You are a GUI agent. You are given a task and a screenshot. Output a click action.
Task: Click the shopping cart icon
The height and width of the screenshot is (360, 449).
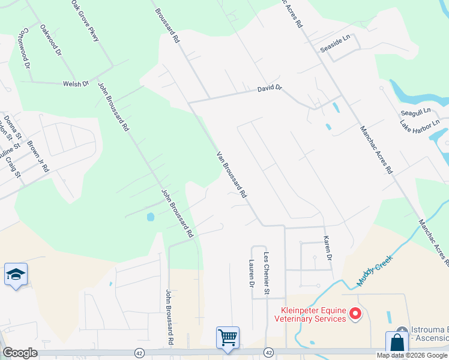pos(228,337)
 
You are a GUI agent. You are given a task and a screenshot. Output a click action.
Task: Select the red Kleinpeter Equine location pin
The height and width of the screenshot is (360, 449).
pos(355,313)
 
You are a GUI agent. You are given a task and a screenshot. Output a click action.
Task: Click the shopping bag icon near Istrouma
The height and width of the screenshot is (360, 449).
pos(397,343)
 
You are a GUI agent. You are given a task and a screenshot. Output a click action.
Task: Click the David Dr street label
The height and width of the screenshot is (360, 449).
pos(270,89)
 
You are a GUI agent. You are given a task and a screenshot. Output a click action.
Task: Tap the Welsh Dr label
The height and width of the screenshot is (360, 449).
pos(76,84)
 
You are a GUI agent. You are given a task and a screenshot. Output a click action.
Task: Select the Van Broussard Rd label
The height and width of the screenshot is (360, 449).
pos(232,175)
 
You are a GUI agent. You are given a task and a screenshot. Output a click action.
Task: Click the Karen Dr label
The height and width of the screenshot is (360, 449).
pos(328,248)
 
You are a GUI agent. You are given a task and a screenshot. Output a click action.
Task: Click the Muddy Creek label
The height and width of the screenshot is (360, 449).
pos(375,269)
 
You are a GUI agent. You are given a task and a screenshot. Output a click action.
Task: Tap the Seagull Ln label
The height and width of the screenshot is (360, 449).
pos(415,112)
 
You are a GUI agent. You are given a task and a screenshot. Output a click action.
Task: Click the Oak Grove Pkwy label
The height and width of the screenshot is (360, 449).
pos(85,20)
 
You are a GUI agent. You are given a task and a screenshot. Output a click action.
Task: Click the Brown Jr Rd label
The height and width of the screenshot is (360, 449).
pos(38,158)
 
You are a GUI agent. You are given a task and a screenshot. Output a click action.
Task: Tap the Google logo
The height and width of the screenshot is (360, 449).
pos(20,353)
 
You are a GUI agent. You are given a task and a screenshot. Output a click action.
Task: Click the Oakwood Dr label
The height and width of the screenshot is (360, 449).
pos(51,40)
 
